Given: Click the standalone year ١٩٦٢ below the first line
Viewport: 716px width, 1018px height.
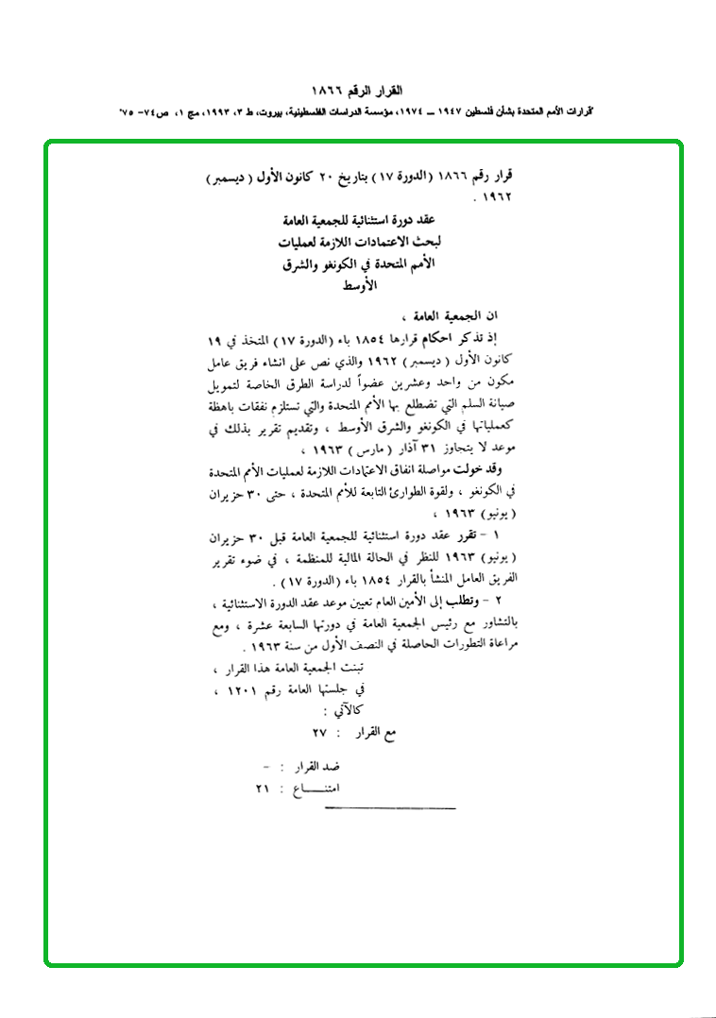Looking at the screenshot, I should pyautogui.click(x=496, y=199).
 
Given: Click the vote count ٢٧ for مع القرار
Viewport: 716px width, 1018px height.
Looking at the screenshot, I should pyautogui.click(x=319, y=734).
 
